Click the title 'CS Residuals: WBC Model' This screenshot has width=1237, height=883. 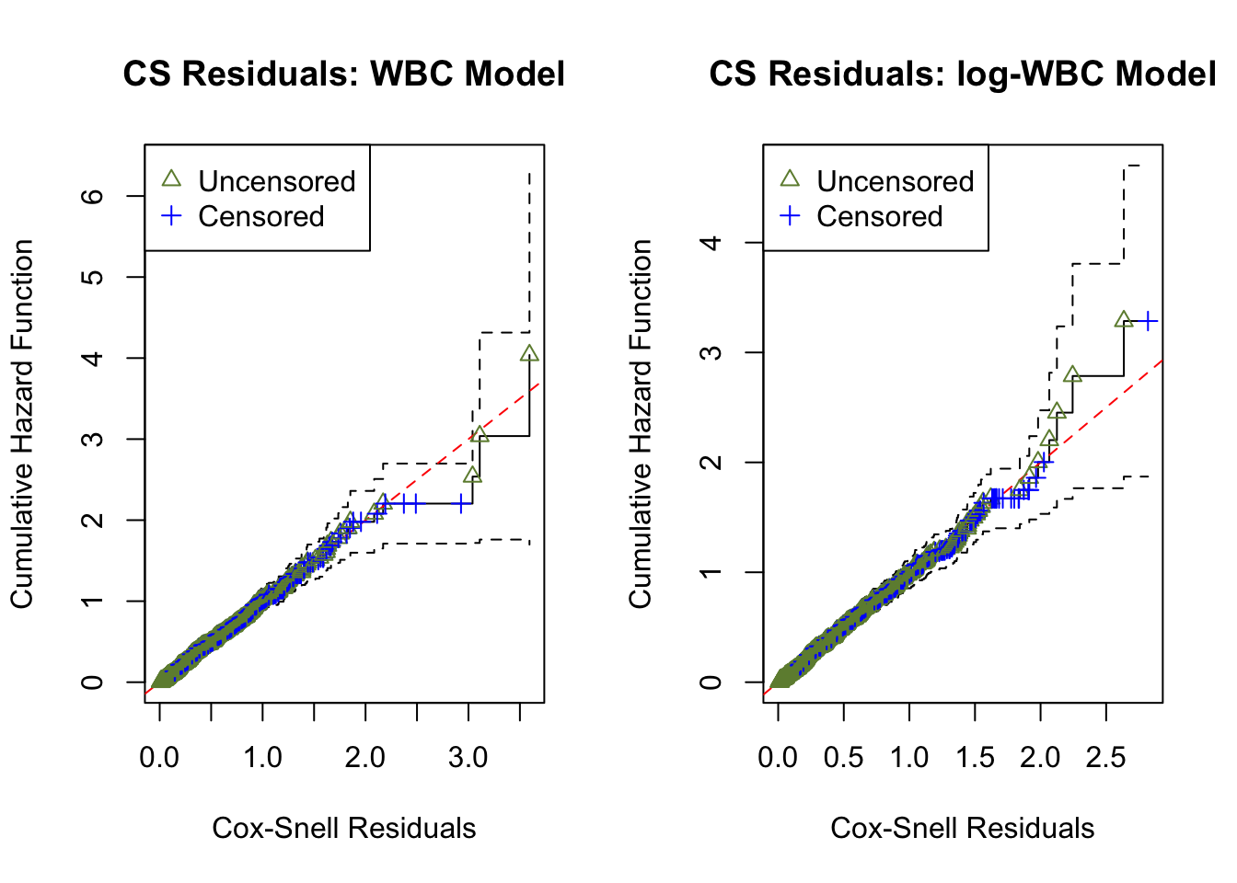(343, 74)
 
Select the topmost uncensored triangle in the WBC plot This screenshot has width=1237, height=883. (528, 354)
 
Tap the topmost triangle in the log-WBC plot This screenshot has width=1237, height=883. (1123, 320)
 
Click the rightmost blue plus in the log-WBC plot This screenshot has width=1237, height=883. (1149, 321)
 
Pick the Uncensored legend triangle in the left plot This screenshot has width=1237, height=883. (171, 180)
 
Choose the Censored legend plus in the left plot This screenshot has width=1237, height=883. (171, 216)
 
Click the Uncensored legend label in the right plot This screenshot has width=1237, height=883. (895, 181)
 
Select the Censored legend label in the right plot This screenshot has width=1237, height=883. (879, 216)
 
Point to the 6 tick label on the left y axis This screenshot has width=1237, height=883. (92, 196)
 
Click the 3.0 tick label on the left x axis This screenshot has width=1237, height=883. (468, 758)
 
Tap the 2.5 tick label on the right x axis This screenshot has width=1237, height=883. (1105, 758)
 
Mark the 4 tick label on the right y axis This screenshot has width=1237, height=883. (711, 243)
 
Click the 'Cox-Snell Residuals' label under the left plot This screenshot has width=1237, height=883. (343, 828)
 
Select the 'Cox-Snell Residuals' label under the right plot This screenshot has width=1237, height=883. (962, 828)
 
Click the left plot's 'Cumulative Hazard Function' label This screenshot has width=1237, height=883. (22, 424)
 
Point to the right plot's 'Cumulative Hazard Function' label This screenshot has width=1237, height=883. (641, 424)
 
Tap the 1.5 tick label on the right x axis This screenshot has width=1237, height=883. (975, 758)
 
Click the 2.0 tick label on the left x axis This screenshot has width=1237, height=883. (365, 758)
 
